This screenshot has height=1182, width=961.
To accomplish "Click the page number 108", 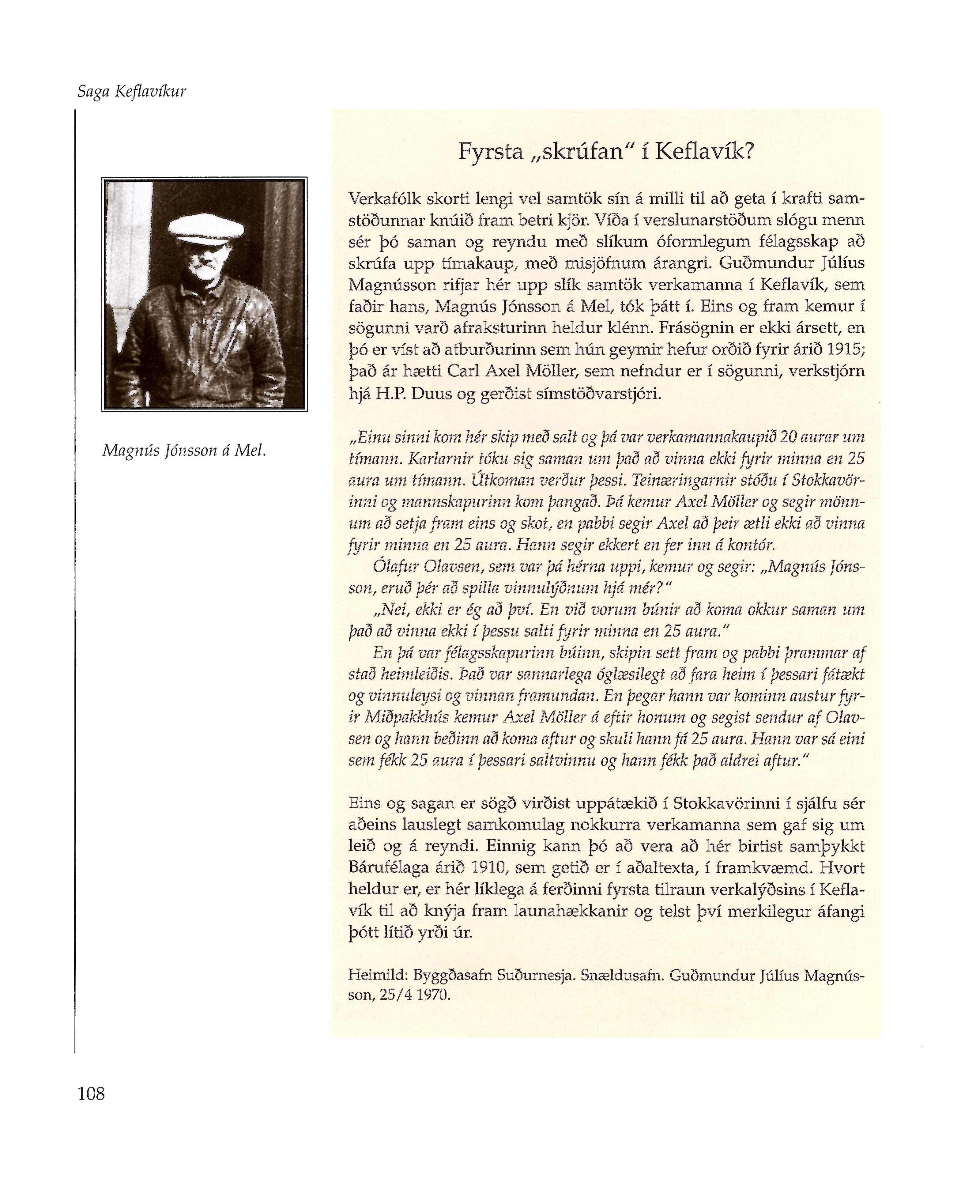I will [x=91, y=1093].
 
